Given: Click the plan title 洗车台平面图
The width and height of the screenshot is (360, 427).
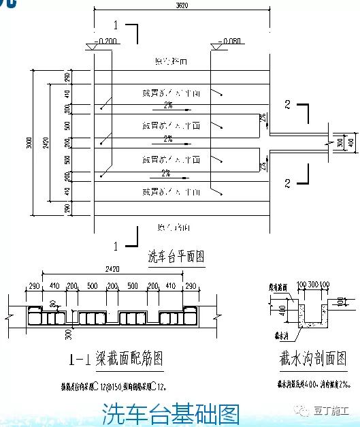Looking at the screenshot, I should pos(176,257).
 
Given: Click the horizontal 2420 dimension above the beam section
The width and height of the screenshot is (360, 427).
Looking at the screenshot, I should pos(112,269).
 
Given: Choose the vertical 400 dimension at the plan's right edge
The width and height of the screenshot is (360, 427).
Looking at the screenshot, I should pos(341,144).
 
